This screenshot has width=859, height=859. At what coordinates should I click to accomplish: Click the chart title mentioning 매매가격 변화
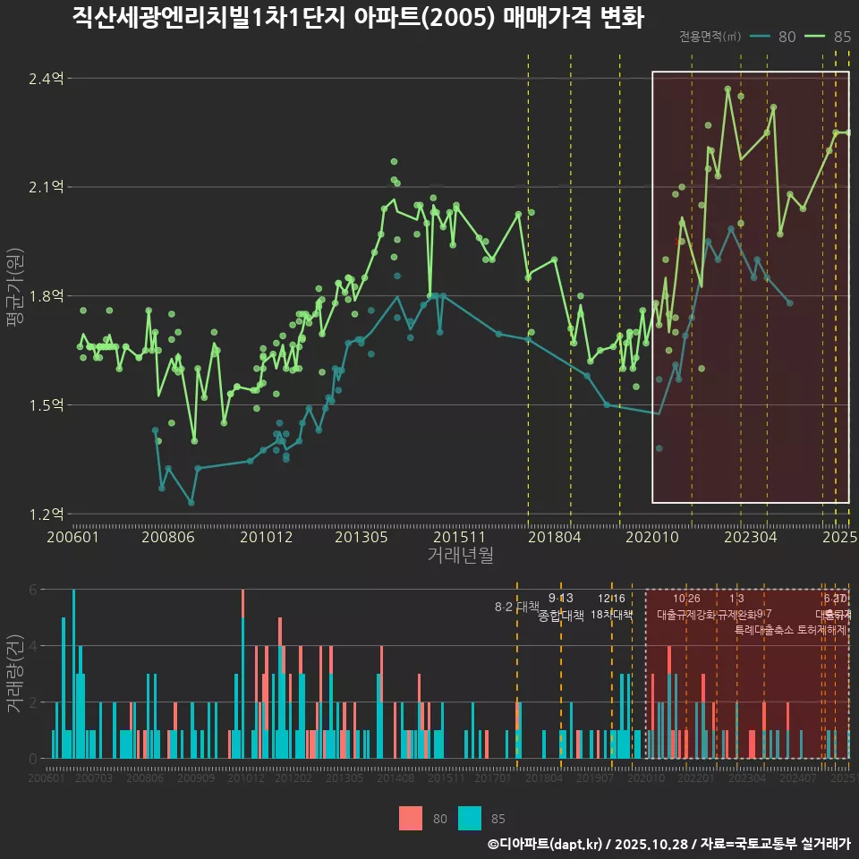tap(358, 19)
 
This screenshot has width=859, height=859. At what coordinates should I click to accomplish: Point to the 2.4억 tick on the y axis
tap(46, 79)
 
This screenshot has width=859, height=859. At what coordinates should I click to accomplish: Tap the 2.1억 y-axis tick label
tap(46, 187)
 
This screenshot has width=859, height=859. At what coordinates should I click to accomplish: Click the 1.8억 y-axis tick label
tap(46, 296)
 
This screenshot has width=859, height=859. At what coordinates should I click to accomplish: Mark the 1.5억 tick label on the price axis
tap(46, 405)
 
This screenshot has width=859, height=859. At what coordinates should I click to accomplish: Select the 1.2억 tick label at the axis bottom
tap(46, 514)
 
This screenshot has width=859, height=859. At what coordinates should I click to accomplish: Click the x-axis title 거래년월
tap(460, 555)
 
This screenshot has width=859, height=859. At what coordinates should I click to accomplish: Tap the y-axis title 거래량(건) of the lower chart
tap(14, 674)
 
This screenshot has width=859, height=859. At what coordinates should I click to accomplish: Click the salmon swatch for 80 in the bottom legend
tap(411, 818)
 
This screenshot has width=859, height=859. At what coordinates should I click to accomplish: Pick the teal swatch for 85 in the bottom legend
tap(470, 818)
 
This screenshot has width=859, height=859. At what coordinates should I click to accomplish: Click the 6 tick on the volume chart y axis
tap(32, 590)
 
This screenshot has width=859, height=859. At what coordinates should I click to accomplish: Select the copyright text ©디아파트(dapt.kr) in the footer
tap(546, 844)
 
